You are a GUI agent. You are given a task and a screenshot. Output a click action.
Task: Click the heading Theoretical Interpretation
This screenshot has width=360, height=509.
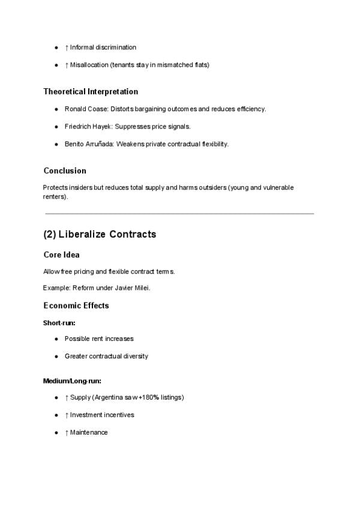coord(91,92)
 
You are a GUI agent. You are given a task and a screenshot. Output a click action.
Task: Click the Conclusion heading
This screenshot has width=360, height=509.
coord(65,170)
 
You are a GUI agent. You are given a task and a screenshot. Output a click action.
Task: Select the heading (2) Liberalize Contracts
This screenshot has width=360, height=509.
coord(100,234)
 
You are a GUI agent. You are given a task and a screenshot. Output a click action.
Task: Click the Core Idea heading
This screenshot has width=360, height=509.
coord(61,255)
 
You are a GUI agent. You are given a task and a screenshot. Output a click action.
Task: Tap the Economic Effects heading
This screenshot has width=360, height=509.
coord(76,306)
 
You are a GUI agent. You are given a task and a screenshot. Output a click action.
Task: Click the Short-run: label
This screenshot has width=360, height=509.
coord(59,323)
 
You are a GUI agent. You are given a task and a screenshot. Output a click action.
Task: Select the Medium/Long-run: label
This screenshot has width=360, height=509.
coord(72,381)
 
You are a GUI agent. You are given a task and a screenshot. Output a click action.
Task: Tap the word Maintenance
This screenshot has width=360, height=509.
coord(89,432)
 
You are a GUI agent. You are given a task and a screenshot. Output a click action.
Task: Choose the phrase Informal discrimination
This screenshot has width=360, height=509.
coord(103,47)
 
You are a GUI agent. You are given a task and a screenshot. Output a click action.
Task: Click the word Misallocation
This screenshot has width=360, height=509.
coord(89,65)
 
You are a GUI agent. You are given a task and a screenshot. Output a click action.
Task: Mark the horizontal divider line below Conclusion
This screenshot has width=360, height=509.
coord(179,213)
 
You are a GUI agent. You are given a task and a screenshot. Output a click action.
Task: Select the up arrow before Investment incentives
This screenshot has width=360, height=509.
coord(67,415)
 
